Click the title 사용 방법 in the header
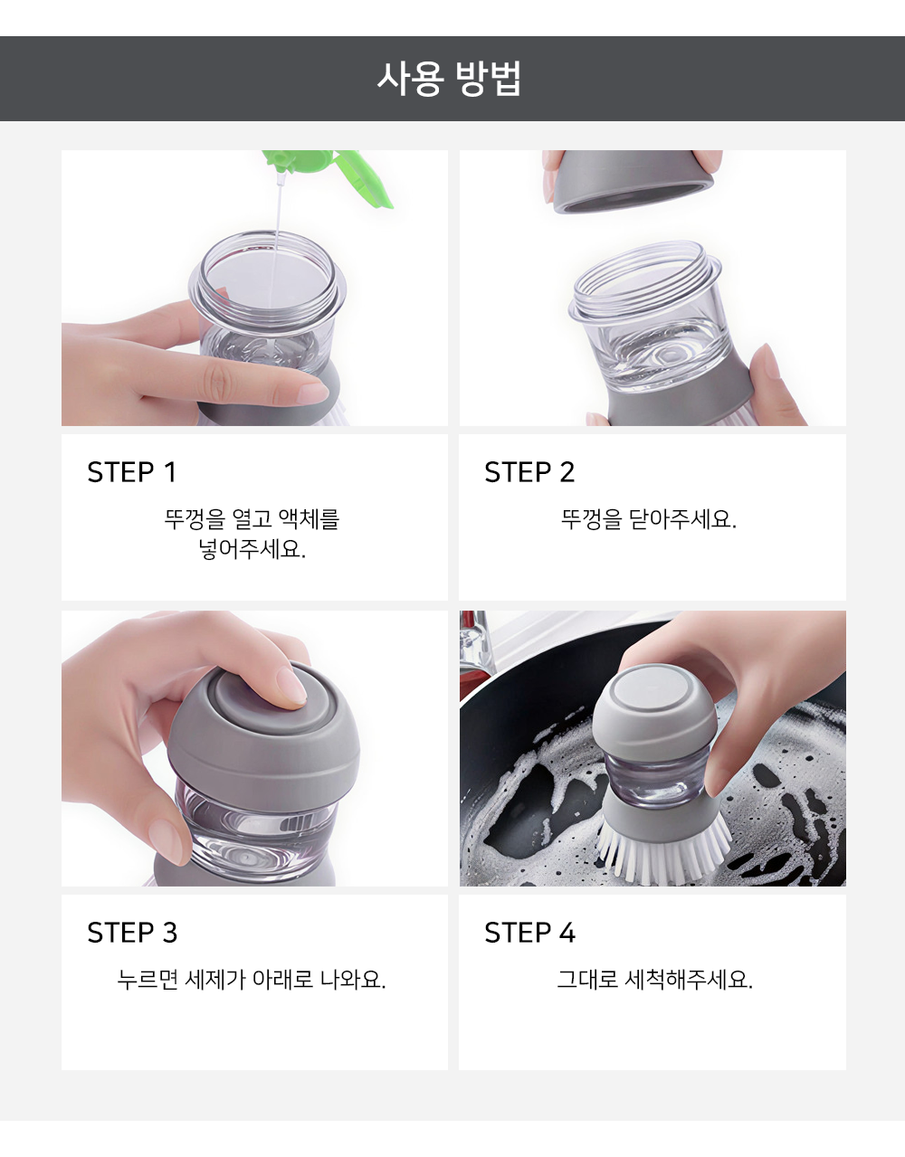(449, 79)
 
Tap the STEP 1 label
(131, 472)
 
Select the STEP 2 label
(529, 472)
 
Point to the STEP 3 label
(132, 933)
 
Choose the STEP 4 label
(530, 933)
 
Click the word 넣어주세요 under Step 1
(252, 548)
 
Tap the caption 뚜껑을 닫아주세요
(649, 518)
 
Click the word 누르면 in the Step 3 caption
(148, 979)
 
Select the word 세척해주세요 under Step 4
(688, 979)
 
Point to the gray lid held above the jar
(633, 181)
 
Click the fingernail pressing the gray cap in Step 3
(292, 687)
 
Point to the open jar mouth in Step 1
(267, 277)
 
